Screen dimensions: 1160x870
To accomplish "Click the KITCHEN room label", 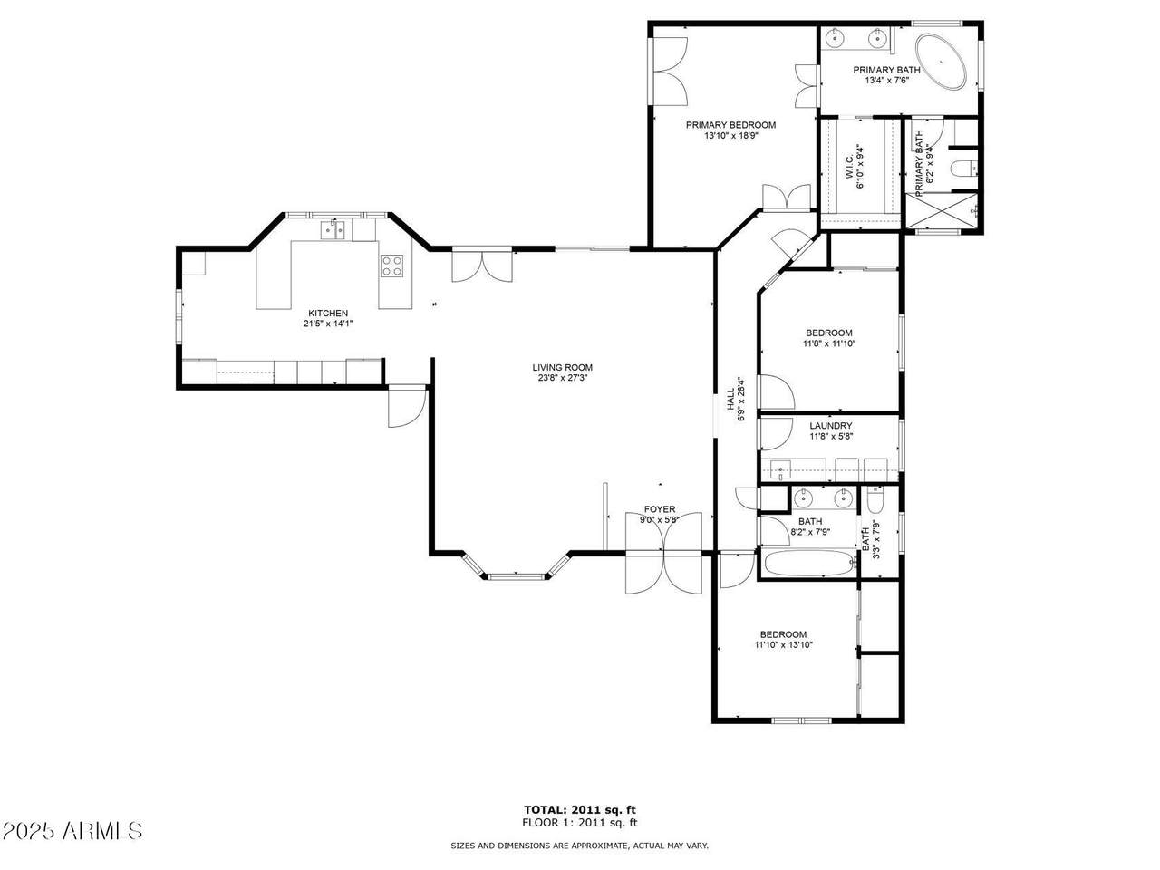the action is [328, 314].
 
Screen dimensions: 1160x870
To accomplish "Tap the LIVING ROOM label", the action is [562, 367].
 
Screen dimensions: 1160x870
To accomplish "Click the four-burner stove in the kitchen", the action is [391, 266].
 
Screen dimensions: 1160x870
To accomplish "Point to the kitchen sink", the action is [333, 230].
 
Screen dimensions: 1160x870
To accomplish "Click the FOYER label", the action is [659, 509].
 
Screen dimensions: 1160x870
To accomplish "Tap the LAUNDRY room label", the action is [831, 426].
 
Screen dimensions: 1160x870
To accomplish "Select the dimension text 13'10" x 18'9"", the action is [730, 135].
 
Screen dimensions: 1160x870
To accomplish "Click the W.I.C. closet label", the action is [849, 167].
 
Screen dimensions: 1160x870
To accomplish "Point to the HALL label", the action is [730, 400].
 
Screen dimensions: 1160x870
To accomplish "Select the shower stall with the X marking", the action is [942, 211].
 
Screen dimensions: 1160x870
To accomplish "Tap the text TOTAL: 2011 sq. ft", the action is [580, 810].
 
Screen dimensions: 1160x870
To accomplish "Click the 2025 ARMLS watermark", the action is [72, 831].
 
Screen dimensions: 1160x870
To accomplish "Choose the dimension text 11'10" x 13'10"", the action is [783, 645].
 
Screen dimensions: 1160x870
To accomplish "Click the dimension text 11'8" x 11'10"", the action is [828, 343].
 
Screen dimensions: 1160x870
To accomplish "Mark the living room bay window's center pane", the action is [516, 576].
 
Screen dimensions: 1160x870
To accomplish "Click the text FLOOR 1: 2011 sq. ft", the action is [580, 823].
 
